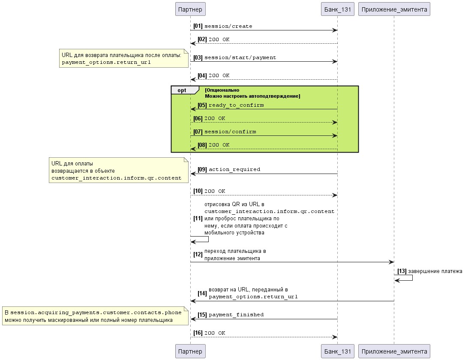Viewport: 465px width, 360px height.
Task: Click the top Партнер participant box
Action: (x=190, y=9)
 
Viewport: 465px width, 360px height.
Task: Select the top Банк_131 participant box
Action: (x=337, y=9)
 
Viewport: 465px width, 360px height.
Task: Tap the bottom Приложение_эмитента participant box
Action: (x=394, y=351)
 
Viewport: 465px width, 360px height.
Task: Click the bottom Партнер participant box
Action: (x=190, y=351)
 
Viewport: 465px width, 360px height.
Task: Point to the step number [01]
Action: (x=198, y=26)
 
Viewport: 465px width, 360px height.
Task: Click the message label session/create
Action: (x=228, y=26)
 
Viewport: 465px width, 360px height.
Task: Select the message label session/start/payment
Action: (x=240, y=57)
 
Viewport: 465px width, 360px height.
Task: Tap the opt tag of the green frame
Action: (x=182, y=90)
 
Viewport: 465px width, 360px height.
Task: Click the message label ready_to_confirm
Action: (x=236, y=105)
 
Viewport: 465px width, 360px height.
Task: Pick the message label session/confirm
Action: (x=230, y=132)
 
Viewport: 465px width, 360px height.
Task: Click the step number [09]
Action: (x=202, y=169)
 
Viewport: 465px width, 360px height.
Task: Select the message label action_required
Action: (x=234, y=169)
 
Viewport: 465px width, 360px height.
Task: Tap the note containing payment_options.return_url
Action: (x=124, y=58)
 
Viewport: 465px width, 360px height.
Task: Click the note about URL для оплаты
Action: (x=119, y=170)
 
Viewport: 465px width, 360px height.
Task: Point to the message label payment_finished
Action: (x=236, y=315)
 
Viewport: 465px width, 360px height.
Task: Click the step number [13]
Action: (x=402, y=271)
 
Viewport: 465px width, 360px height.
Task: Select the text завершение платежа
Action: (x=435, y=271)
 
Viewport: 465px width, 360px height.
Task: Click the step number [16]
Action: (x=198, y=333)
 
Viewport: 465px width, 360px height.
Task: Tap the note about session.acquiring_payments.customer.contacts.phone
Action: (x=96, y=316)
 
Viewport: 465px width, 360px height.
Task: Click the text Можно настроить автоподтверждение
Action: (x=252, y=96)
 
